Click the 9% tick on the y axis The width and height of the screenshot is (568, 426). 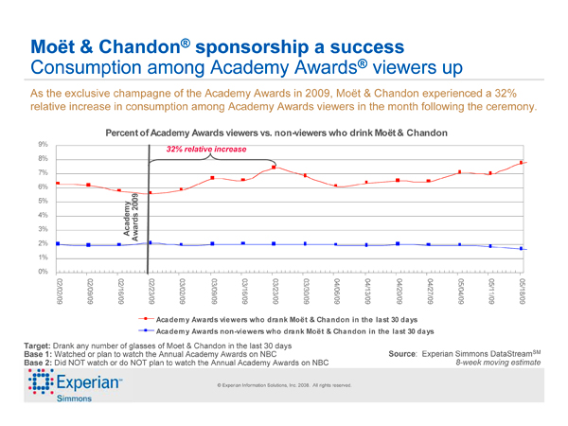click(x=44, y=144)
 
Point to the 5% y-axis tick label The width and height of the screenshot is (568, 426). click(x=44, y=201)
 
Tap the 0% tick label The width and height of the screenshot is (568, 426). click(x=44, y=272)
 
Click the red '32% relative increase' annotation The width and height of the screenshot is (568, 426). click(x=205, y=150)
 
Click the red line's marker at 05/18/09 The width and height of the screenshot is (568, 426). click(x=522, y=163)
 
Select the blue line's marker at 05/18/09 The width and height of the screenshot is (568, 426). click(x=522, y=248)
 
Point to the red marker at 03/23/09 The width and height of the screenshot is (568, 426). click(x=274, y=168)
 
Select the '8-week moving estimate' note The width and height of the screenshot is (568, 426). click(x=503, y=363)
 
